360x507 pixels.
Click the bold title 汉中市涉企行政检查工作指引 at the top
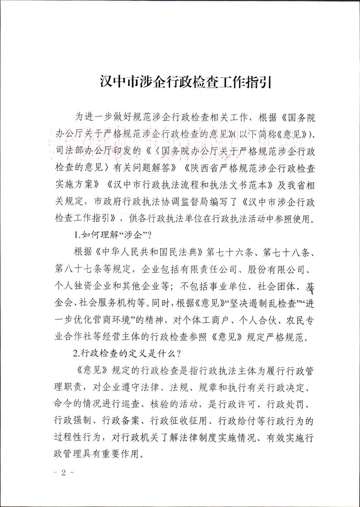[180, 84]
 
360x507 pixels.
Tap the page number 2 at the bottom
[64, 472]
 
